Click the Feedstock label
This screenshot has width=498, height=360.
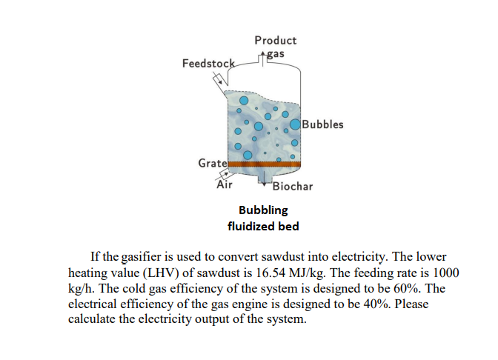click(x=208, y=64)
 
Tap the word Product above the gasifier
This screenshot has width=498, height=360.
click(x=275, y=40)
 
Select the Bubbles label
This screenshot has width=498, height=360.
click(x=323, y=124)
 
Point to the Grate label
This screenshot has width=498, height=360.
click(x=212, y=162)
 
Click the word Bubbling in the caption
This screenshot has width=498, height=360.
click(x=263, y=210)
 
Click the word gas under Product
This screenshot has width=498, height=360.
click(x=276, y=53)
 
